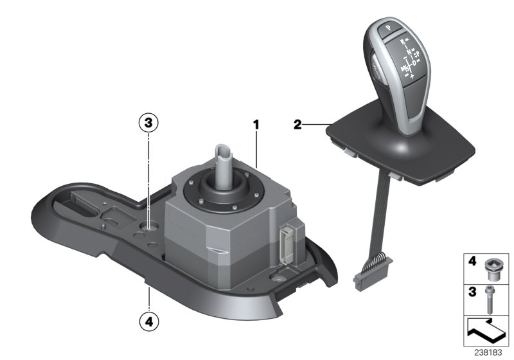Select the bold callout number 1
click(256, 125)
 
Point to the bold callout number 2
click(297, 125)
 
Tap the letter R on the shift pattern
click(403, 40)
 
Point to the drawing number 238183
click(490, 353)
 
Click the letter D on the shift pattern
click(414, 62)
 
